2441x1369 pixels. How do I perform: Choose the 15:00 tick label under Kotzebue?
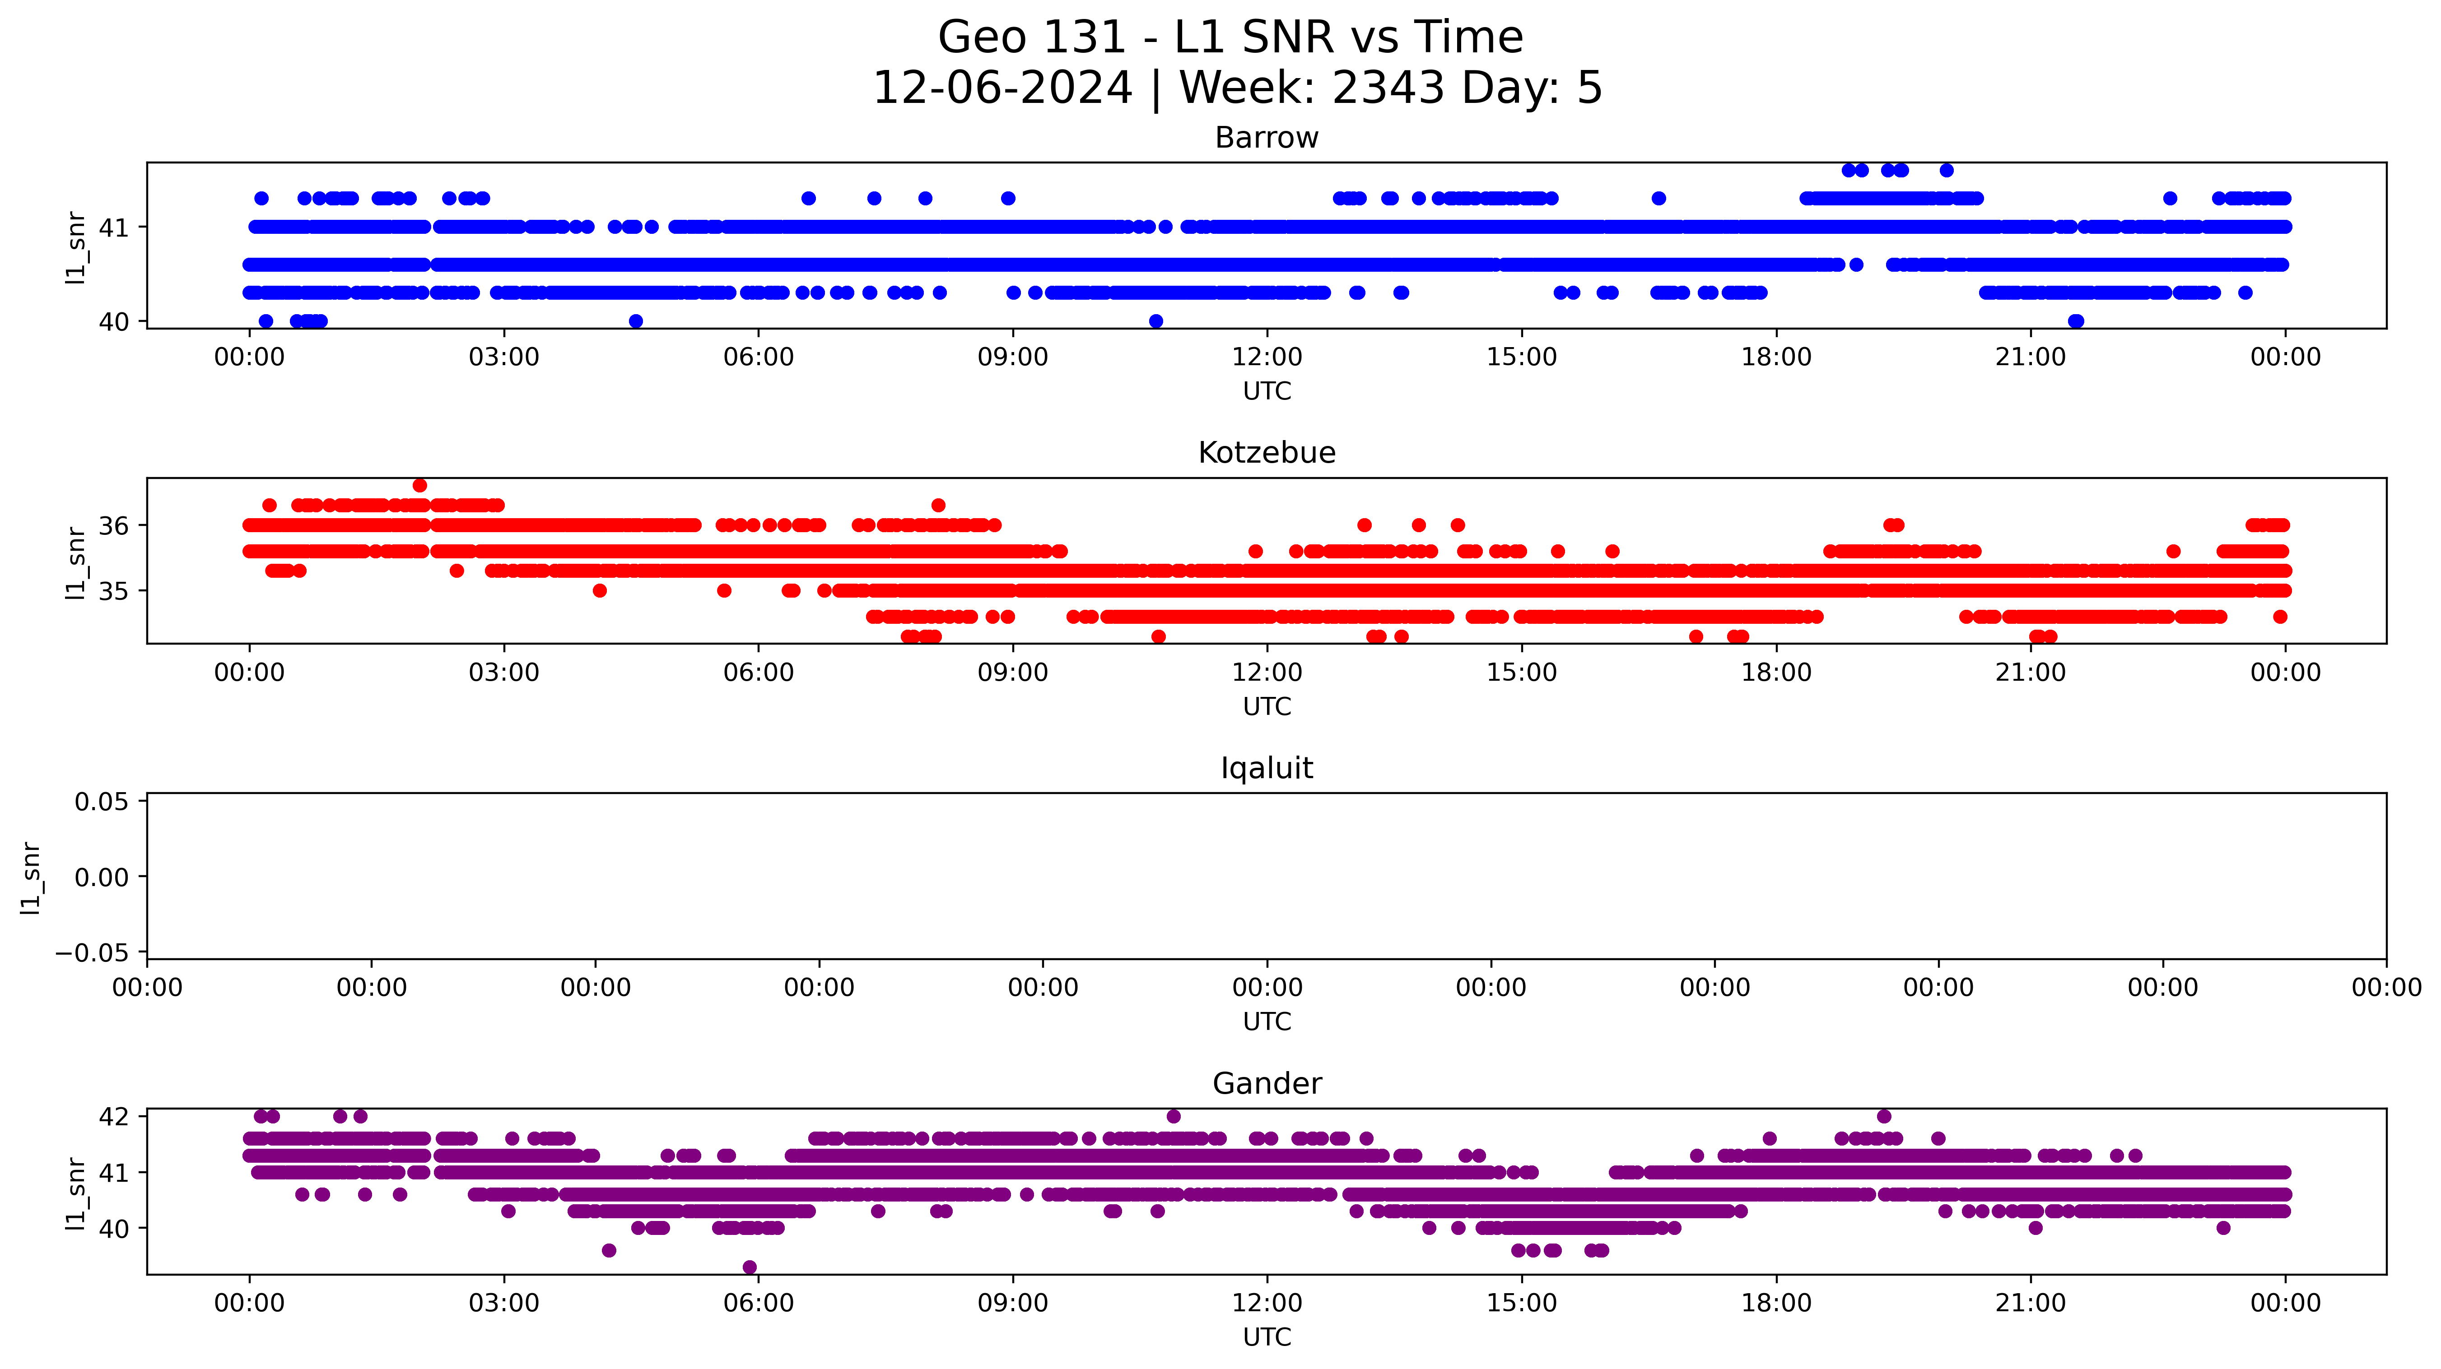(1521, 673)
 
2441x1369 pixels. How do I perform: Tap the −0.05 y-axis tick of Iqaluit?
(92, 952)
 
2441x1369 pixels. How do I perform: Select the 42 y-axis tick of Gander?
(114, 1116)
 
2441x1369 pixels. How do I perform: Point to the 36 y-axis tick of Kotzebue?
(114, 526)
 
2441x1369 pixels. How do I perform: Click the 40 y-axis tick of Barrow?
(114, 322)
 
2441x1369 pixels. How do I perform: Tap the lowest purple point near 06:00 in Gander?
(750, 1267)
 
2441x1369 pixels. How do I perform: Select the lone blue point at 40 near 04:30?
(636, 321)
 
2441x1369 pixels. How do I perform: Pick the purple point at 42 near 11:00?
(1173, 1116)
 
